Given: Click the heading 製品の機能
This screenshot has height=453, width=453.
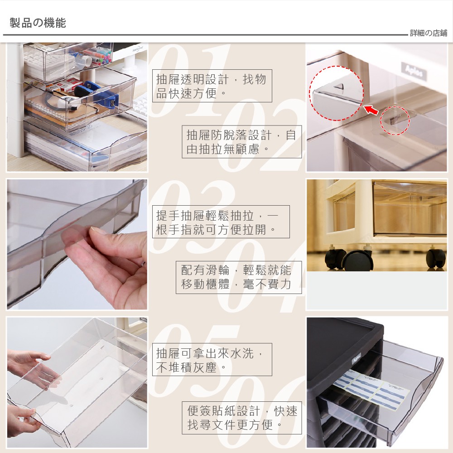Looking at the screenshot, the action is pyautogui.click(x=38, y=23).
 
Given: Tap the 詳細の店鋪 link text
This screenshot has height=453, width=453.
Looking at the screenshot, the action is pyautogui.click(x=429, y=33).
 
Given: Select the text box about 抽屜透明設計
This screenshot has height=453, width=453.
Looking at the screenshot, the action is pyautogui.click(x=212, y=86).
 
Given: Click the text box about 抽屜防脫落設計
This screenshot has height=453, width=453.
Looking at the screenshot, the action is pyautogui.click(x=241, y=142).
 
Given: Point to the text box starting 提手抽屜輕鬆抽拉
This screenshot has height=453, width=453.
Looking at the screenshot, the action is pyautogui.click(x=221, y=222).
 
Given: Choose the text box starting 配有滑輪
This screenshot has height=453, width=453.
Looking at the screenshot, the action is pyautogui.click(x=239, y=277).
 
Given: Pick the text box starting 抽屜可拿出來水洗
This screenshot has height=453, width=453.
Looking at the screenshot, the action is pyautogui.click(x=212, y=359).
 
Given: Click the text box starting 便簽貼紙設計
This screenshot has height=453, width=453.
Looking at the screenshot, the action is pyautogui.click(x=241, y=418).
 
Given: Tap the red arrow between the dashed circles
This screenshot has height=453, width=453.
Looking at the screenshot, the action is pyautogui.click(x=371, y=110).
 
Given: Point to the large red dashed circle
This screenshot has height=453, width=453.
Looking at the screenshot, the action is pyautogui.click(x=310, y=93).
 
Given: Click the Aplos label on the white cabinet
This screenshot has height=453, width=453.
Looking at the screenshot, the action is pyautogui.click(x=414, y=71).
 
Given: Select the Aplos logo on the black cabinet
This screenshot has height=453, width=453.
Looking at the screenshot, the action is pyautogui.click(x=357, y=359).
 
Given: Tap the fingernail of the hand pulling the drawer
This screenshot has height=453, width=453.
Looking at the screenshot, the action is pyautogui.click(x=98, y=230).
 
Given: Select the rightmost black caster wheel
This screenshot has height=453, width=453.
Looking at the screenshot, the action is pyautogui.click(x=436, y=259).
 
